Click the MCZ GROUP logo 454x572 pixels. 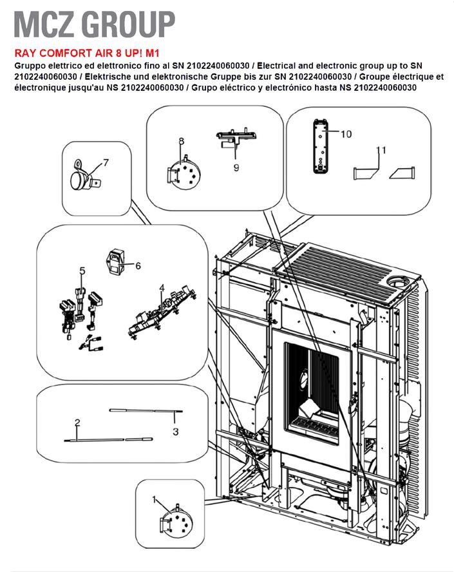tap(94, 24)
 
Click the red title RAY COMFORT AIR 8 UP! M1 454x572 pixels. tap(86, 55)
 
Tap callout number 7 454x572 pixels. tap(106, 162)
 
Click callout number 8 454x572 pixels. tap(181, 141)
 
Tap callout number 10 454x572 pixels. tap(346, 135)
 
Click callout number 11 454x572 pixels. tap(381, 150)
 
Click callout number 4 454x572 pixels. tap(162, 287)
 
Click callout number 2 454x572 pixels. tap(77, 423)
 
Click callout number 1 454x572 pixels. tap(154, 499)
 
